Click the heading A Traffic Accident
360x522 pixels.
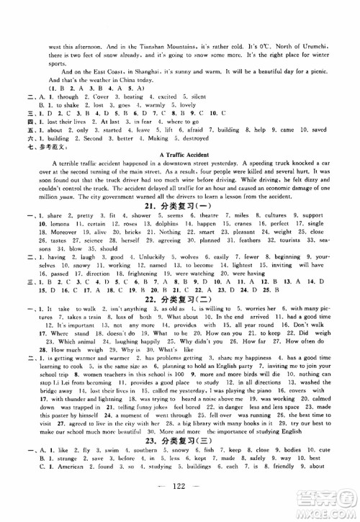pyautogui.click(x=179, y=154)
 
